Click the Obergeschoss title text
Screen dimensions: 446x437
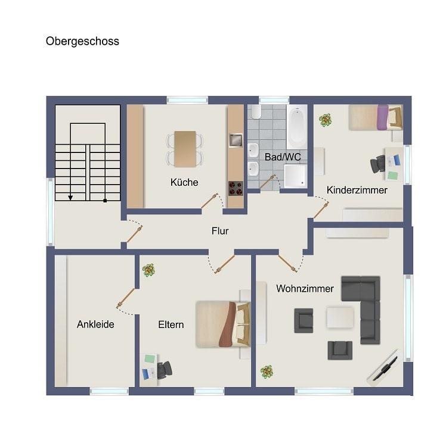click(82, 42)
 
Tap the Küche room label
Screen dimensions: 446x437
click(184, 182)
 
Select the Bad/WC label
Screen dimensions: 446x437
click(283, 157)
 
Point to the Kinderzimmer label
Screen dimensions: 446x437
click(357, 190)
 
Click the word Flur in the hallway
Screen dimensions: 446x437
click(220, 231)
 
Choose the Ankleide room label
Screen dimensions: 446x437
click(95, 324)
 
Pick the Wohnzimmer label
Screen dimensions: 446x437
click(305, 289)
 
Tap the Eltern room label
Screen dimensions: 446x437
click(171, 324)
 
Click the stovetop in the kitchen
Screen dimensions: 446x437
click(236, 188)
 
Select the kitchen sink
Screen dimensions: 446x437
click(236, 141)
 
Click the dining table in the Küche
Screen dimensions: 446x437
click(185, 149)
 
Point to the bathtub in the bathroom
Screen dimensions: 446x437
click(297, 127)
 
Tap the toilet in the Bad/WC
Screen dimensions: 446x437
click(256, 111)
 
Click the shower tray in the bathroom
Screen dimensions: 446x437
click(295, 176)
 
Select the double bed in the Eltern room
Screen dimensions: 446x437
click(223, 324)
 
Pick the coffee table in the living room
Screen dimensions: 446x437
click(340, 317)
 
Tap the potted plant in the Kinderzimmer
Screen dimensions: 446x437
click(325, 120)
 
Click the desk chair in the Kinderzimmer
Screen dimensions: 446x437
click(378, 164)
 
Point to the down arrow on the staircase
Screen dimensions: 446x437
click(70, 198)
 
